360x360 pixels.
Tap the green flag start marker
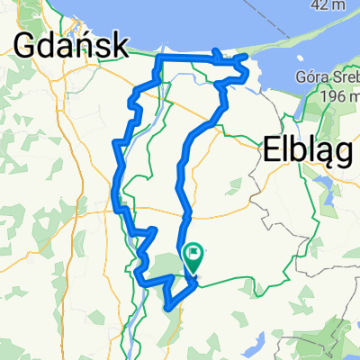click(193, 256)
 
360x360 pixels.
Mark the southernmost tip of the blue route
click(167, 307)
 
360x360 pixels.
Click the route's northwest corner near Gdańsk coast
click(160, 57)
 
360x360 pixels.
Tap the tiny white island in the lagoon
click(260, 90)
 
